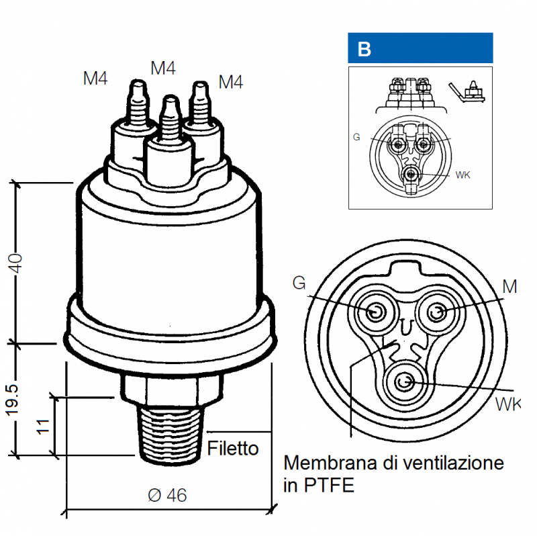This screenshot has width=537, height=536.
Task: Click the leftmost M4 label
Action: click(x=95, y=79)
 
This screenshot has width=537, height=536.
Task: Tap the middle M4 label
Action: click(x=163, y=68)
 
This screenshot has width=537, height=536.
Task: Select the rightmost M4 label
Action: click(x=230, y=82)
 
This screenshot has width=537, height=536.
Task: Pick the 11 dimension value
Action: click(x=43, y=426)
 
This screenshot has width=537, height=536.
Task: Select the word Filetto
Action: click(x=233, y=448)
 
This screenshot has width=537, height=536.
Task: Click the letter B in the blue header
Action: click(x=364, y=49)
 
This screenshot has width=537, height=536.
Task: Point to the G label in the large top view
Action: click(x=299, y=283)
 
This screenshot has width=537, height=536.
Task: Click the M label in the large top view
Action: click(x=509, y=287)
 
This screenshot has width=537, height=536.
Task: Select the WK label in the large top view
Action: click(x=507, y=404)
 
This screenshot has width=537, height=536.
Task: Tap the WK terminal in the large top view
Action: click(x=404, y=382)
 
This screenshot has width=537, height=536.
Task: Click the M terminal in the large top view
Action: click(x=437, y=312)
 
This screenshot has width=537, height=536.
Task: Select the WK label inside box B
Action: click(x=462, y=175)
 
